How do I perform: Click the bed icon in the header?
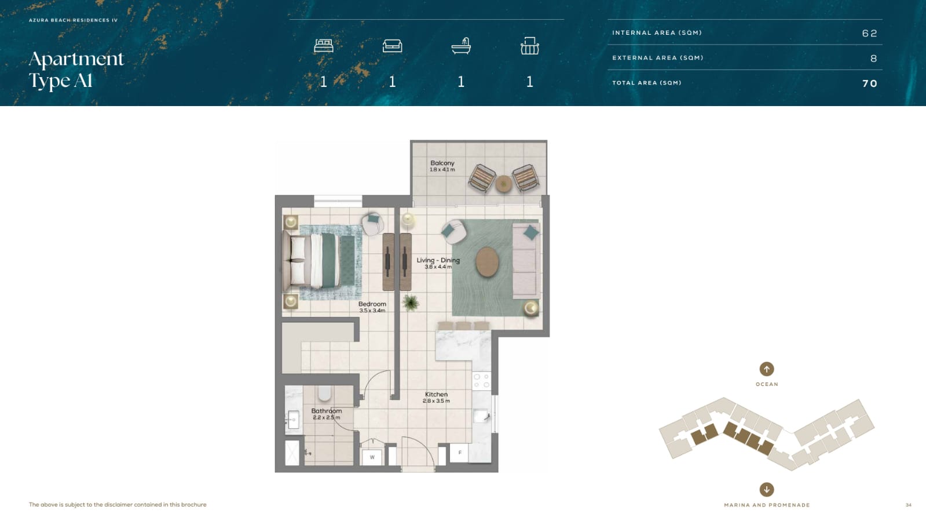pos(323,45)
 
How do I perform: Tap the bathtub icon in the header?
pos(461,46)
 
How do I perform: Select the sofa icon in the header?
pos(392,46)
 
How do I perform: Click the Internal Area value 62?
pos(869,33)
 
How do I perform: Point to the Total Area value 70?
pos(870,83)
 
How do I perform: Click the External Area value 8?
pos(873,59)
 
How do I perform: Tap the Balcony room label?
pos(442,163)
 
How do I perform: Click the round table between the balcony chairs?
pos(503,184)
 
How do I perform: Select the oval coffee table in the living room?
pos(487,262)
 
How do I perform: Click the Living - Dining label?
pos(438,260)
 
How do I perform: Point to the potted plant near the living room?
pos(411,303)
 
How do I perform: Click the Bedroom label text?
pos(372,304)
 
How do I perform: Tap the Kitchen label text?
pos(436,394)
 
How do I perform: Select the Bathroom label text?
pos(326,411)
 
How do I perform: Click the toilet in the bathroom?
pos(324,393)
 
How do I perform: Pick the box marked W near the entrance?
pos(372,457)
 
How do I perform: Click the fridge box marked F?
pos(459,453)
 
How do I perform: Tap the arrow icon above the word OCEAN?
pos(766,369)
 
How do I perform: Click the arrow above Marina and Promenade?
pos(766,490)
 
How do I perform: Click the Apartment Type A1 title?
pos(76,70)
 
